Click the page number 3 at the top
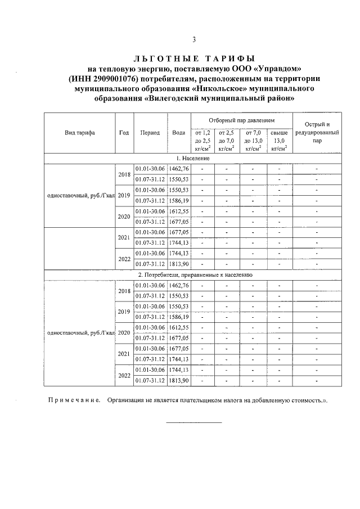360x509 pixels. (x=193, y=39)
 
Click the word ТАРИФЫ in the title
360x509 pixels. (x=224, y=58)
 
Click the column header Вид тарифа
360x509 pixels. (x=79, y=133)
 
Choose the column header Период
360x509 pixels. (x=150, y=133)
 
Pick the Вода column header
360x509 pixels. (x=179, y=133)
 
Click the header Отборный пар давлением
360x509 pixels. (x=242, y=120)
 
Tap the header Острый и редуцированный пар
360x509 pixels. (x=317, y=133)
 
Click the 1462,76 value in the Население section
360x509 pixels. (x=179, y=168)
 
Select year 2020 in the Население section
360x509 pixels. (x=124, y=217)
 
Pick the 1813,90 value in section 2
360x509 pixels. (x=179, y=381)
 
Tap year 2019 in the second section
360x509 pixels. (x=124, y=312)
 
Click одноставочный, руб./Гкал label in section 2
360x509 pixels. (x=80, y=333)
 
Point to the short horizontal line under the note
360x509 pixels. (x=193, y=422)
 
